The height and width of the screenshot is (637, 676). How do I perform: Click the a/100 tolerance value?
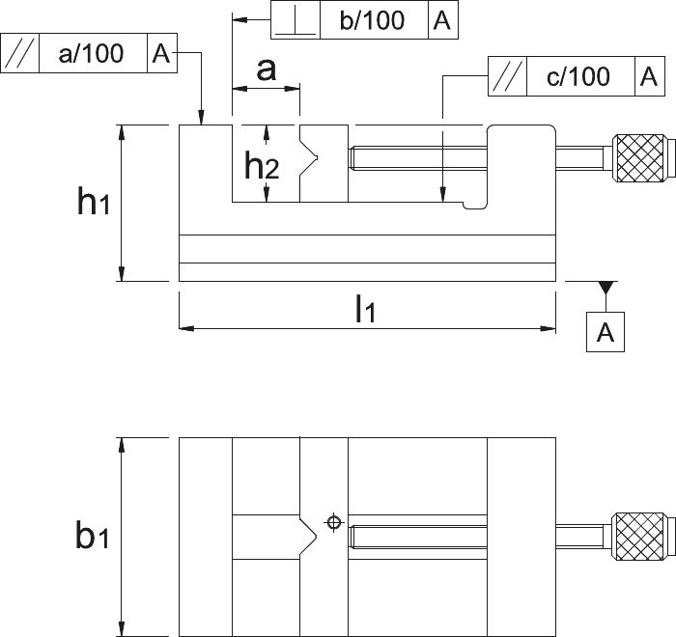pyautogui.click(x=91, y=53)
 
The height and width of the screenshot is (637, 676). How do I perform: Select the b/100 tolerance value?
pyautogui.click(x=372, y=20)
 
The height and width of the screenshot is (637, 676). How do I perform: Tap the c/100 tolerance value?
pyautogui.click(x=578, y=76)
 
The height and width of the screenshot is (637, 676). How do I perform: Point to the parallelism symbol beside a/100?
pyautogui.click(x=19, y=53)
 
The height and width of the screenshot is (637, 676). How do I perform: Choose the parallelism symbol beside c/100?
pyautogui.click(x=507, y=76)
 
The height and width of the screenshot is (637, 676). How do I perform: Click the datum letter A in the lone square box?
pyautogui.click(x=606, y=332)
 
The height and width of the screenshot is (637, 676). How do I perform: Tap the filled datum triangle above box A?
pyautogui.click(x=606, y=287)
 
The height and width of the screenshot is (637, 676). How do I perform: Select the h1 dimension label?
pyautogui.click(x=93, y=201)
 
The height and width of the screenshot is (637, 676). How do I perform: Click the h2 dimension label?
pyautogui.click(x=262, y=165)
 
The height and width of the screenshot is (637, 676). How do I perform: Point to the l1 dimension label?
pyautogui.click(x=365, y=308)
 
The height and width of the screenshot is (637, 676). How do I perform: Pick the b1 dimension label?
pyautogui.click(x=92, y=535)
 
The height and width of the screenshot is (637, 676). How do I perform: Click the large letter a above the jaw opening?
pyautogui.click(x=266, y=69)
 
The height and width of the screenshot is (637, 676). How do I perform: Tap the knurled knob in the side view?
pyautogui.click(x=638, y=158)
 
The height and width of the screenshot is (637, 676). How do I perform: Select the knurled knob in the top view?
pyautogui.click(x=638, y=537)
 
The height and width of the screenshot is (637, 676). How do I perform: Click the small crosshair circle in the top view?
pyautogui.click(x=333, y=522)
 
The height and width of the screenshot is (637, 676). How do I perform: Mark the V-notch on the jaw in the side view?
pyautogui.click(x=309, y=157)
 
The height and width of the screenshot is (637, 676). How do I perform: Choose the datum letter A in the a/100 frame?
pyautogui.click(x=161, y=53)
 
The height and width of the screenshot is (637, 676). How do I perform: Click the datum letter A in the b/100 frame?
pyautogui.click(x=442, y=20)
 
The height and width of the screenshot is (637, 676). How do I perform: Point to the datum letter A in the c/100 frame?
pyautogui.click(x=649, y=76)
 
